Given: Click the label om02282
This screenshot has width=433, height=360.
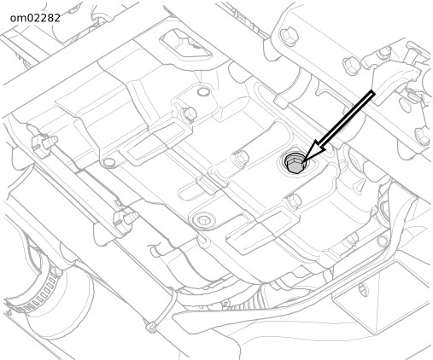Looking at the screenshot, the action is click(x=35, y=18).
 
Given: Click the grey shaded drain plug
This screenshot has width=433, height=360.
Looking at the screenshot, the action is click(x=295, y=164).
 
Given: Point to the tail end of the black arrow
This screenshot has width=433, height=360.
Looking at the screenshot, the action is click(x=373, y=94).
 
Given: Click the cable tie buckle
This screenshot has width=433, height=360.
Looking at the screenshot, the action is click(x=150, y=327).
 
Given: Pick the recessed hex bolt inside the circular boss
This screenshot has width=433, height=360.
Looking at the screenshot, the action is click(x=202, y=219).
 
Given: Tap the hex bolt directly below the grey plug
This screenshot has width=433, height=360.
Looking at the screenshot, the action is click(x=294, y=200).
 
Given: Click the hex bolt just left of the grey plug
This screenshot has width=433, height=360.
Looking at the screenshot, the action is click(x=241, y=158).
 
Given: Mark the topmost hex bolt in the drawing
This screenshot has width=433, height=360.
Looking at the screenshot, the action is click(x=290, y=36).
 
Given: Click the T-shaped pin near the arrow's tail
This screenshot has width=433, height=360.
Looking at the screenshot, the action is click(x=413, y=56).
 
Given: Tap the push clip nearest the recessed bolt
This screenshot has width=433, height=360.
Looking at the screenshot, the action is click(x=126, y=218).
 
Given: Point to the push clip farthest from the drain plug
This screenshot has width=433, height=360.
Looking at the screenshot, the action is click(x=44, y=142).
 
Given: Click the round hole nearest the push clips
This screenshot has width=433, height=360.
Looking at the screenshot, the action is click(x=109, y=163).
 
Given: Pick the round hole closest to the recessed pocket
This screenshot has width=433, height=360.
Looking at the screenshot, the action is click(x=203, y=91).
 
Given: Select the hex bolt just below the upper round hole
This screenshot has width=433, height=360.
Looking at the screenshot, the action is click(x=189, y=113).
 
